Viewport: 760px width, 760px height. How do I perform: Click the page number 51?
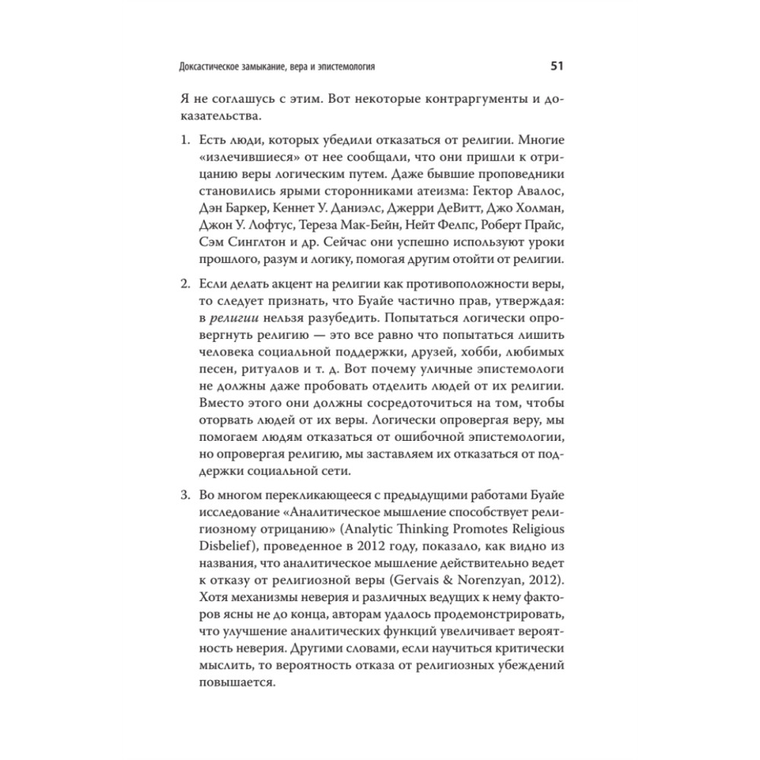(x=556, y=67)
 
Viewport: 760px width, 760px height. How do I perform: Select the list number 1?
(x=185, y=142)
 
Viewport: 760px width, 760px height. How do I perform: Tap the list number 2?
(x=185, y=284)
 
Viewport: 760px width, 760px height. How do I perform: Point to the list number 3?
(x=185, y=497)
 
